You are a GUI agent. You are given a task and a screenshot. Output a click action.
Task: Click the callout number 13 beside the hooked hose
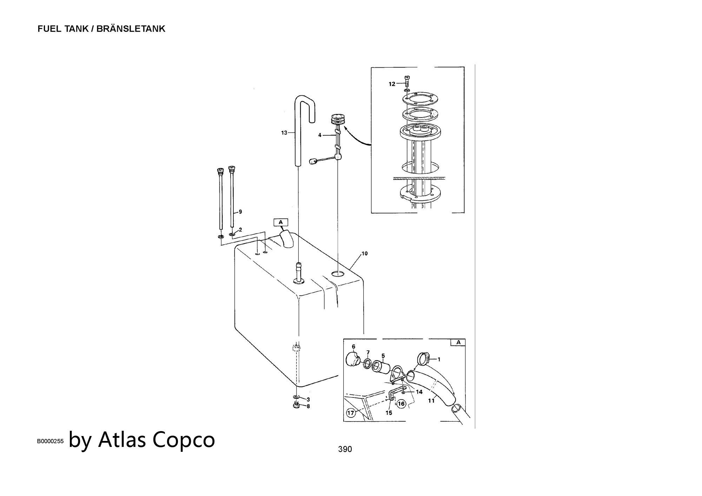(284, 133)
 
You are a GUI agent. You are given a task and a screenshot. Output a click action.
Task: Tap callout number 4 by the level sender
(320, 135)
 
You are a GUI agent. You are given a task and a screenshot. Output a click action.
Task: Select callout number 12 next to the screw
(392, 84)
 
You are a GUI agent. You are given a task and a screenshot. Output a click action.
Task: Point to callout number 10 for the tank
(364, 254)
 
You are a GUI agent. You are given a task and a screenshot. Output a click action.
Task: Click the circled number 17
(351, 413)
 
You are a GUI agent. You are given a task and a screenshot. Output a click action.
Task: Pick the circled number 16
(401, 404)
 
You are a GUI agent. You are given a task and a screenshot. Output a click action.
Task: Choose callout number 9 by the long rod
(240, 212)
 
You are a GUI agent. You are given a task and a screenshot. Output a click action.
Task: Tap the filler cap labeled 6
(352, 360)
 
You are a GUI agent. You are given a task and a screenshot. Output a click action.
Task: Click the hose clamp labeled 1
(423, 358)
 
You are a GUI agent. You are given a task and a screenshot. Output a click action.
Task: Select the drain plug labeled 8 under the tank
(296, 406)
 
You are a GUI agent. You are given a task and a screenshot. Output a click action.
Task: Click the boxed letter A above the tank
(280, 222)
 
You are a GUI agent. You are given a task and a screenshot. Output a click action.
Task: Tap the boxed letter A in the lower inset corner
(458, 342)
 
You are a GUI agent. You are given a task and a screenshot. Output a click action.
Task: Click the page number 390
(345, 449)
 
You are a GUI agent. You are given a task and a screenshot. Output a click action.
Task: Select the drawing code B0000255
(50, 442)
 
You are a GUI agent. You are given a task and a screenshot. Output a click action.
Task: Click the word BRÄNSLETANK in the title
(131, 29)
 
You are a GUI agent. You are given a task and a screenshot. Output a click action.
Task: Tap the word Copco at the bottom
(184, 439)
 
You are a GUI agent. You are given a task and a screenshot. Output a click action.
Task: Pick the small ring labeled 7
(367, 364)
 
